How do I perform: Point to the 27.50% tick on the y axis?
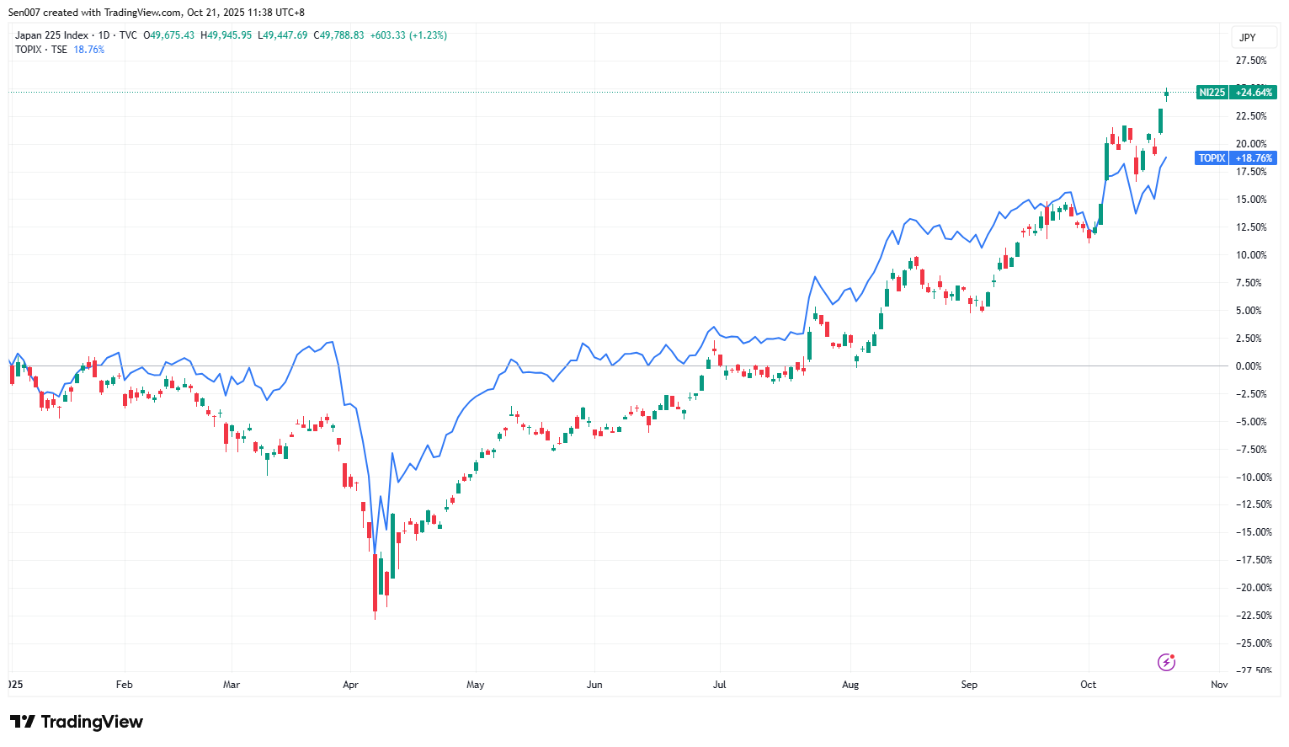click(x=1250, y=61)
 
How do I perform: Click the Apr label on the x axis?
click(x=350, y=685)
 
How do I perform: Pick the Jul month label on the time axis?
click(x=719, y=685)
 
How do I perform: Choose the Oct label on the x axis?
click(x=1088, y=685)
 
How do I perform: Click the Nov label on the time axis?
click(x=1218, y=685)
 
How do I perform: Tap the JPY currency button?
click(x=1248, y=37)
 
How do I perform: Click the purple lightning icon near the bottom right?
click(x=1166, y=662)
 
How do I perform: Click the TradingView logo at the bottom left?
click(x=77, y=722)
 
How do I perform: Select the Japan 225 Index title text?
click(x=51, y=35)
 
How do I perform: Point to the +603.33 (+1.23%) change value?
click(x=408, y=35)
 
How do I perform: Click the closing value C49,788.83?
click(x=338, y=35)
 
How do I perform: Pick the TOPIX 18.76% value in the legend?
click(x=89, y=50)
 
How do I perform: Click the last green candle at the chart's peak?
click(x=1166, y=93)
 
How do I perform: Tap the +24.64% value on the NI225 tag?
click(x=1254, y=93)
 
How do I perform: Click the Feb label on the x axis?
click(x=124, y=685)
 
